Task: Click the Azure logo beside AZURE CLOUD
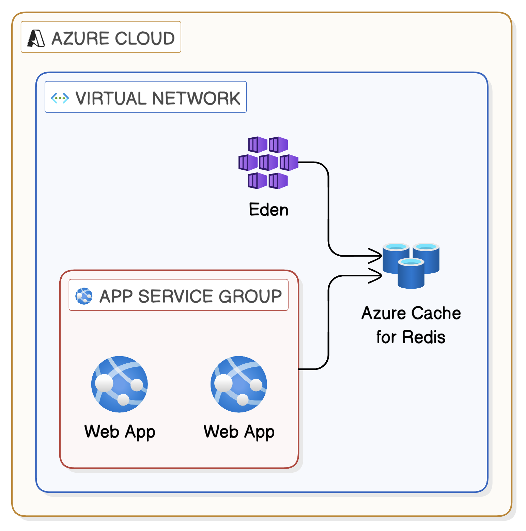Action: point(36,38)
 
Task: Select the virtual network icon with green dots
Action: point(60,98)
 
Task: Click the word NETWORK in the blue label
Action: point(196,98)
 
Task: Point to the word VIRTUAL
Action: point(111,98)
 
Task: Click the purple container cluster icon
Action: point(268,163)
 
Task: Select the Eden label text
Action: point(268,210)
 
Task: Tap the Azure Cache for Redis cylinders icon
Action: point(411,265)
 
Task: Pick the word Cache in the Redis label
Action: point(437,313)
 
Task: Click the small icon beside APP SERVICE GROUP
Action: point(84,296)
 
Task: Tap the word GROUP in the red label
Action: point(250,296)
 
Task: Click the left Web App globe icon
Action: point(120,384)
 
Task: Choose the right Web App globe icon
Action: point(239,384)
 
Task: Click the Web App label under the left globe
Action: point(120,432)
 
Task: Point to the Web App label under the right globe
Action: point(239,432)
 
